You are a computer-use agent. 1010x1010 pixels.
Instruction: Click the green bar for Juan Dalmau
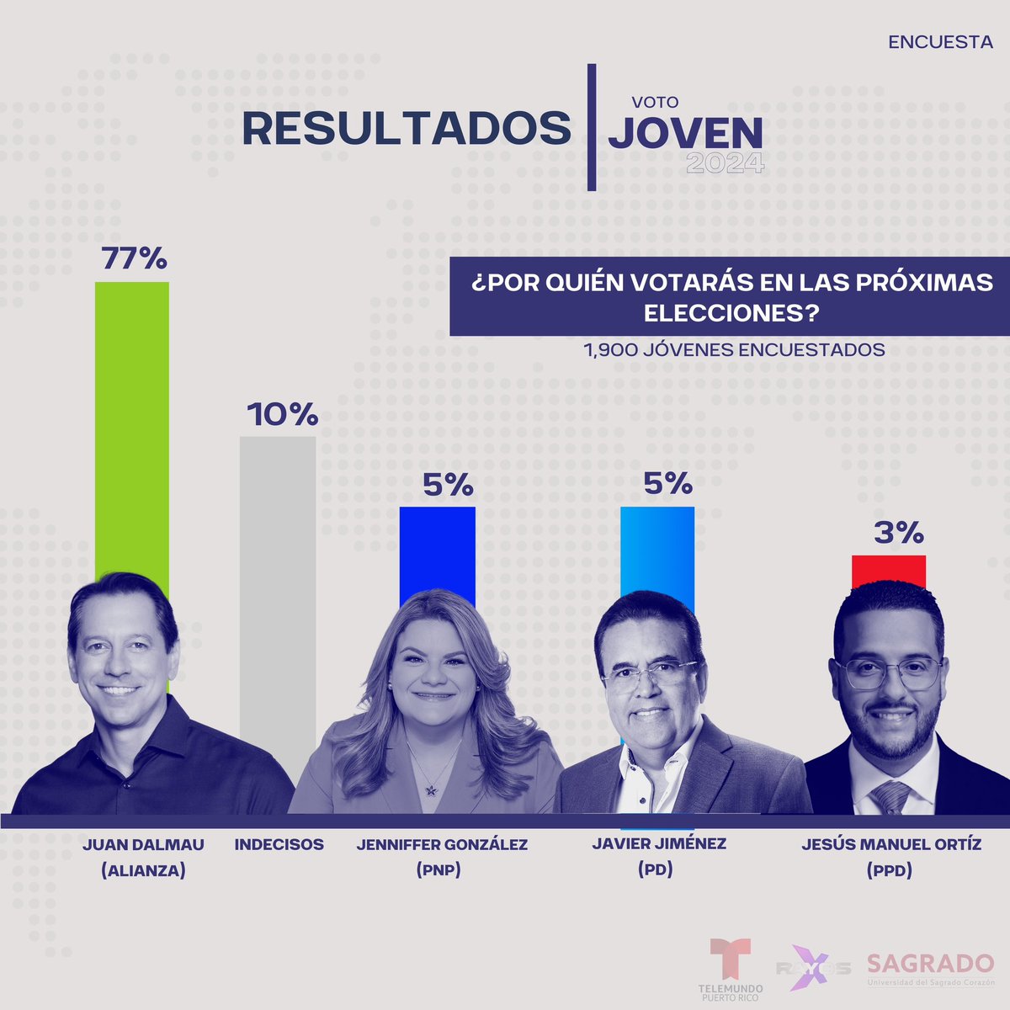coord(131,421)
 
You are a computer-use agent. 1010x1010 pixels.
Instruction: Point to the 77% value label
coord(134,258)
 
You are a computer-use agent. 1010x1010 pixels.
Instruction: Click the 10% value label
coord(282,414)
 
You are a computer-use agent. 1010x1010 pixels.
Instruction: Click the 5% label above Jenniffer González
coord(448,485)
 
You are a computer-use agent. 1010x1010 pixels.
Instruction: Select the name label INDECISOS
coord(279,844)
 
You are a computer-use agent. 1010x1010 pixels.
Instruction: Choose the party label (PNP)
coord(438,870)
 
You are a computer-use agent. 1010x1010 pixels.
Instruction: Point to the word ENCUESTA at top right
coord(940,41)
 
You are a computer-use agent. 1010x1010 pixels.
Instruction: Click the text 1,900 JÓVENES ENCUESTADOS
coord(734,349)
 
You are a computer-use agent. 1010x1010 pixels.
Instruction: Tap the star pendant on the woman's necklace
coord(432,789)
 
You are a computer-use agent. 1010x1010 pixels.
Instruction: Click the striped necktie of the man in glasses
coord(890,796)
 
